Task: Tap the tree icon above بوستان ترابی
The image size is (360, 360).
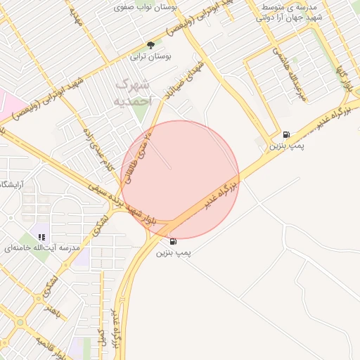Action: pyautogui.click(x=150, y=45)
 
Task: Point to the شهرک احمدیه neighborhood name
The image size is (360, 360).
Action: pyautogui.click(x=133, y=92)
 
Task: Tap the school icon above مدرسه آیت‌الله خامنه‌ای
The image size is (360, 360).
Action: pyautogui.click(x=41, y=238)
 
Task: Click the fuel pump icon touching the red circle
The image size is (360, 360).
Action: pyautogui.click(x=173, y=241)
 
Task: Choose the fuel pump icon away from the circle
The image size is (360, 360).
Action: pyautogui.click(x=285, y=134)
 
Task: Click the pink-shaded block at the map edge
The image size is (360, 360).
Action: pyautogui.click(x=8, y=104)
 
